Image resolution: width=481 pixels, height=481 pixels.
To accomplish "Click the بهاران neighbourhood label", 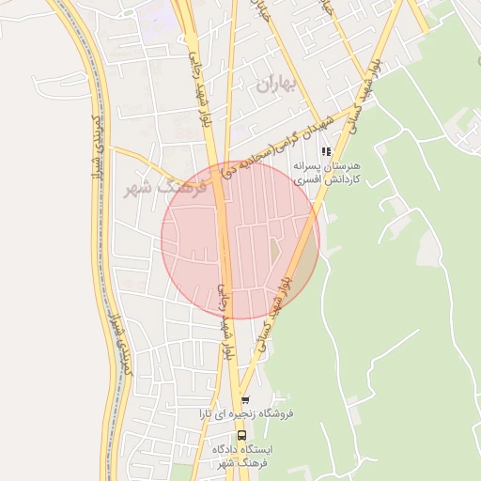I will click(x=276, y=85).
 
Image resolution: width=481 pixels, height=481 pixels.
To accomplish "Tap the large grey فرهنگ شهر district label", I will click(x=156, y=186).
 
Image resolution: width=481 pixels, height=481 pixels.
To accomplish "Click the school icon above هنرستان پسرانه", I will click(x=326, y=150).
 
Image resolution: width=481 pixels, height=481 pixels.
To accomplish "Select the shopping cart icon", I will click(x=245, y=399).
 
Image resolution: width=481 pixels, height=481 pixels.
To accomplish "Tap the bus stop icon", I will click(x=242, y=436).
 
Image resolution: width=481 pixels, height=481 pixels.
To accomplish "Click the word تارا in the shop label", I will click(x=208, y=413).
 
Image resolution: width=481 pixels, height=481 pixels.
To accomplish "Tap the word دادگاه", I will click(x=229, y=450).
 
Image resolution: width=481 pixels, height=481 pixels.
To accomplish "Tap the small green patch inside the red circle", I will click(x=275, y=252).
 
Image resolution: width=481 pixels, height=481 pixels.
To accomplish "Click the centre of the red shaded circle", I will click(x=240, y=240).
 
